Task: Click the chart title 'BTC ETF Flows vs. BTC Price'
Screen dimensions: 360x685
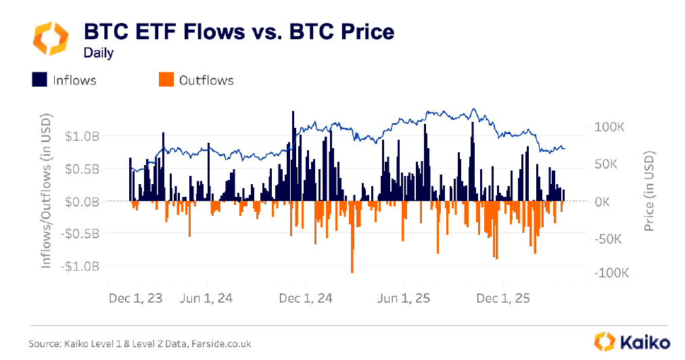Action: click(238, 32)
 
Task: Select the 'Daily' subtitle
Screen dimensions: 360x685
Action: click(98, 53)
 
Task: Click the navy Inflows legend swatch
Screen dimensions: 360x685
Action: click(39, 80)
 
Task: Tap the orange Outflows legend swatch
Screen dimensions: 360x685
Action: click(166, 80)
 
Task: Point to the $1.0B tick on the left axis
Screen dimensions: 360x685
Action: click(83, 136)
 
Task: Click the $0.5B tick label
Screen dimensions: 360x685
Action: click(83, 168)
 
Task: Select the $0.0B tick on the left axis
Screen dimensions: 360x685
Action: click(83, 201)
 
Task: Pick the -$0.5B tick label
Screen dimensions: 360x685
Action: click(81, 233)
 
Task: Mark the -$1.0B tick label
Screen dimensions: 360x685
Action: click(81, 266)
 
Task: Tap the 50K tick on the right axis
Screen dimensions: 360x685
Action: click(611, 164)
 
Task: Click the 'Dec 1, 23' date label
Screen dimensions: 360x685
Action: click(136, 298)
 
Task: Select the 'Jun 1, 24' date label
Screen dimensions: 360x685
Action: click(207, 298)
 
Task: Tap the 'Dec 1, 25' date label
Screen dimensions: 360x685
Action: click(504, 298)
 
